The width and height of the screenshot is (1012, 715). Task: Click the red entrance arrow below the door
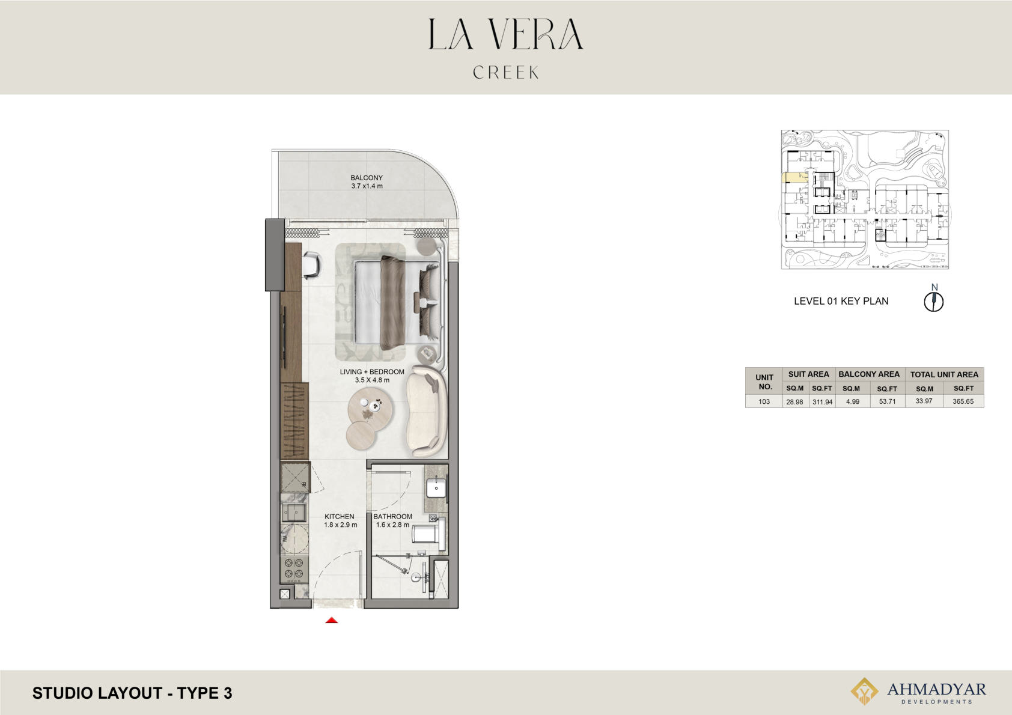tap(332, 620)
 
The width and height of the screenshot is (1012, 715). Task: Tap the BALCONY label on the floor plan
tap(367, 177)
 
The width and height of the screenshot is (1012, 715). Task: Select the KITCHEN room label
tap(340, 516)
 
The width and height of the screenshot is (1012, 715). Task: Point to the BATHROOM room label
tap(392, 516)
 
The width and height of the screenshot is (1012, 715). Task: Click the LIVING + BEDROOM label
tap(372, 372)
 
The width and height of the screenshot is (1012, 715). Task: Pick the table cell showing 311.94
tap(822, 401)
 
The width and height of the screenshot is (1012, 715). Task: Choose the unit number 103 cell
tap(764, 401)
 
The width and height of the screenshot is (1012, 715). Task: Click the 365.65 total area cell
tap(963, 401)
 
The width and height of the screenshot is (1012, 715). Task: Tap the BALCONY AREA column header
tap(869, 374)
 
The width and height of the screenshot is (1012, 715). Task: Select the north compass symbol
tap(934, 302)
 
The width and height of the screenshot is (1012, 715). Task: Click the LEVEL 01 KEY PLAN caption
tap(841, 301)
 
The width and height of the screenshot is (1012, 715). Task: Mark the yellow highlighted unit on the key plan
tap(794, 177)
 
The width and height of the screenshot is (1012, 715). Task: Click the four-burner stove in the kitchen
tap(294, 568)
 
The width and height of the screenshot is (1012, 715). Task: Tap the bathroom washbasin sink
tap(436, 488)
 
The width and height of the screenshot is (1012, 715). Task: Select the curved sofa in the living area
tap(426, 411)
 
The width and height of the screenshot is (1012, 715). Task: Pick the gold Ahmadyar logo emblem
tap(864, 691)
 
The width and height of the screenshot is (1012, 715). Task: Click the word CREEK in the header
tap(506, 72)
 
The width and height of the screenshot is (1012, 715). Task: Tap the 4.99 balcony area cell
tap(853, 401)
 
